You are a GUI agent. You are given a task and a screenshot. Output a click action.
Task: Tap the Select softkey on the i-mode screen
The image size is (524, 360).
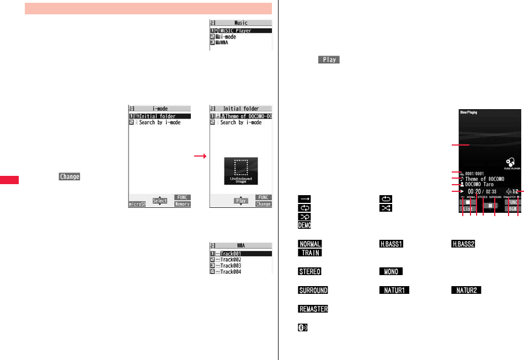pos(160,201)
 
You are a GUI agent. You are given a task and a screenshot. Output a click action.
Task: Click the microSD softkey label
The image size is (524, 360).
pos(137,204)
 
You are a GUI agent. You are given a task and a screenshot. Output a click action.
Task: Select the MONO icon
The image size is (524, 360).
pos(391,272)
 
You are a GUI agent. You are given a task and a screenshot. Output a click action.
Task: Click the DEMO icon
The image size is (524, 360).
pos(304,225)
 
